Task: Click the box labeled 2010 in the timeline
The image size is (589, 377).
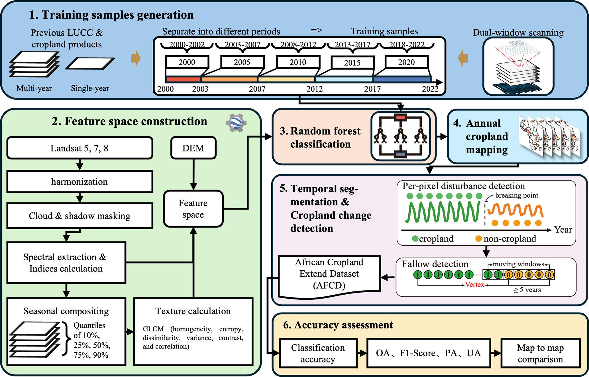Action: click(298, 62)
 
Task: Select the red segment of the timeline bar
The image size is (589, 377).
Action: click(183, 80)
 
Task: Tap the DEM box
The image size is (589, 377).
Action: click(193, 148)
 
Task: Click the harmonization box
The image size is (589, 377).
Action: click(80, 182)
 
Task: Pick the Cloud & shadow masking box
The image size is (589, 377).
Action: click(80, 216)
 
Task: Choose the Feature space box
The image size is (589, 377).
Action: click(193, 209)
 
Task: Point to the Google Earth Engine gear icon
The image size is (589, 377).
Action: click(236, 123)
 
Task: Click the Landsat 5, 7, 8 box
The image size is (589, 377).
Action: click(80, 148)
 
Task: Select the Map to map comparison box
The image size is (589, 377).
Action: click(540, 353)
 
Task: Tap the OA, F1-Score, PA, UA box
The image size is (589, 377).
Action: click(428, 353)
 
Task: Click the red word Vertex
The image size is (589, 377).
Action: click(475, 285)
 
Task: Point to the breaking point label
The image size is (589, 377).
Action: click(517, 195)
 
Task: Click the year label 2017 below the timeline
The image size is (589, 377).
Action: click(372, 89)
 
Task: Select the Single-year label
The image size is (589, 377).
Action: click(90, 88)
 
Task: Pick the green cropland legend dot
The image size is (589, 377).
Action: click(415, 238)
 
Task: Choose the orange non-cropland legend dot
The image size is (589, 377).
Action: click(479, 238)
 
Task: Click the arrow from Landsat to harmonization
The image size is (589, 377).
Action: click(80, 165)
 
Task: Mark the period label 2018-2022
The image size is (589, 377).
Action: click(407, 44)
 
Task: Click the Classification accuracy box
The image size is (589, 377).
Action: click(318, 353)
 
